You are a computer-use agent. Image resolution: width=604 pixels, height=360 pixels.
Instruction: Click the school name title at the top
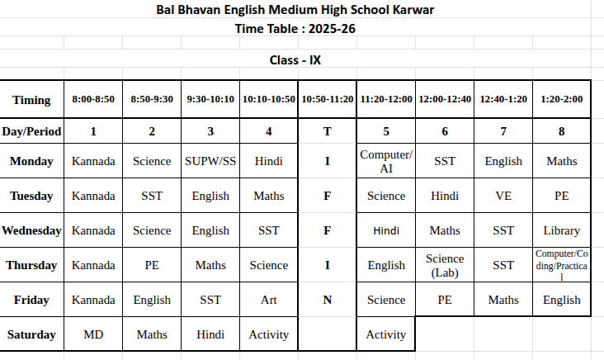pyautogui.click(x=295, y=10)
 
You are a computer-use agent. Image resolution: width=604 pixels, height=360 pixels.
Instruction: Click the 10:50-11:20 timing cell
pyautogui.click(x=328, y=99)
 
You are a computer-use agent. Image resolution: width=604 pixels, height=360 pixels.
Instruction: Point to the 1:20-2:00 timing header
pyautogui.click(x=562, y=99)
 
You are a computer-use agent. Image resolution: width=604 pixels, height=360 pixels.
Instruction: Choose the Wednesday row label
pyautogui.click(x=31, y=230)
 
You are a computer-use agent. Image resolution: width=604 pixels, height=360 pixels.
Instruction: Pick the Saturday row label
pyautogui.click(x=31, y=334)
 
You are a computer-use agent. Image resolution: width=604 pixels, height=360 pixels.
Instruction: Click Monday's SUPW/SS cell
pyautogui.click(x=210, y=161)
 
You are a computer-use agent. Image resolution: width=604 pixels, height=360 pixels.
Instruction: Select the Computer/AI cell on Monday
pyautogui.click(x=386, y=161)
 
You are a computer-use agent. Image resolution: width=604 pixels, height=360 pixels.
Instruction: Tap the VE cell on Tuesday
pyautogui.click(x=503, y=196)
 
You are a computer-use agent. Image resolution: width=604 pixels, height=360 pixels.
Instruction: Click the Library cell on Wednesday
pyautogui.click(x=562, y=230)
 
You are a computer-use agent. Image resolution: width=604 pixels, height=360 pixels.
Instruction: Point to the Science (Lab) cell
pyautogui.click(x=445, y=265)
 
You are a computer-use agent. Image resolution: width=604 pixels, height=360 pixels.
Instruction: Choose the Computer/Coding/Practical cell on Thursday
pyautogui.click(x=562, y=265)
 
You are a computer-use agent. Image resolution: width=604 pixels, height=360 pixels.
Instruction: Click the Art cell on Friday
pyautogui.click(x=269, y=300)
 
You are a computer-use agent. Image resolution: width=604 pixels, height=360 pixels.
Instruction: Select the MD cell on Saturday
pyautogui.click(x=93, y=334)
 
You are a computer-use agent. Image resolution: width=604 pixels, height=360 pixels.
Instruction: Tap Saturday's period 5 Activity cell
pyautogui.click(x=386, y=334)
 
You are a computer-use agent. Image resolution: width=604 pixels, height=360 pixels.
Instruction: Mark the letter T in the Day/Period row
pyautogui.click(x=328, y=130)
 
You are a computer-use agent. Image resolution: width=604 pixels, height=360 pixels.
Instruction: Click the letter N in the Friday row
pyautogui.click(x=328, y=300)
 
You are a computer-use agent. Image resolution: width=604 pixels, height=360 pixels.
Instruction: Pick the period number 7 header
pyautogui.click(x=503, y=130)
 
